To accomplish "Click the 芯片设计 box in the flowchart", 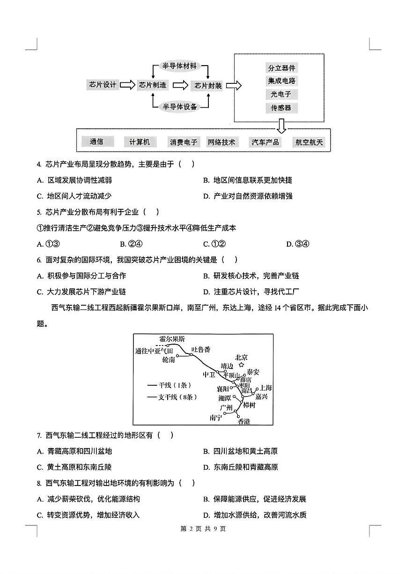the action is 103,85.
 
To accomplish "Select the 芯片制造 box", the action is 153,85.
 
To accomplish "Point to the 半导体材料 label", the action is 180,65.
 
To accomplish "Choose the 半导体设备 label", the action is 180,106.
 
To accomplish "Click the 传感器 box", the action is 281,108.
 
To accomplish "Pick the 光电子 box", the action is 281,94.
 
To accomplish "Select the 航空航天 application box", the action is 310,142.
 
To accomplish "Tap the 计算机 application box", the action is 140,142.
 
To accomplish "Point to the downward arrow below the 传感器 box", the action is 281,125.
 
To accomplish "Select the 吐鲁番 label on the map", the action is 201,350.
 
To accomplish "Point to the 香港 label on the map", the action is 244,421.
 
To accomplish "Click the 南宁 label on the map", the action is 216,418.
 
